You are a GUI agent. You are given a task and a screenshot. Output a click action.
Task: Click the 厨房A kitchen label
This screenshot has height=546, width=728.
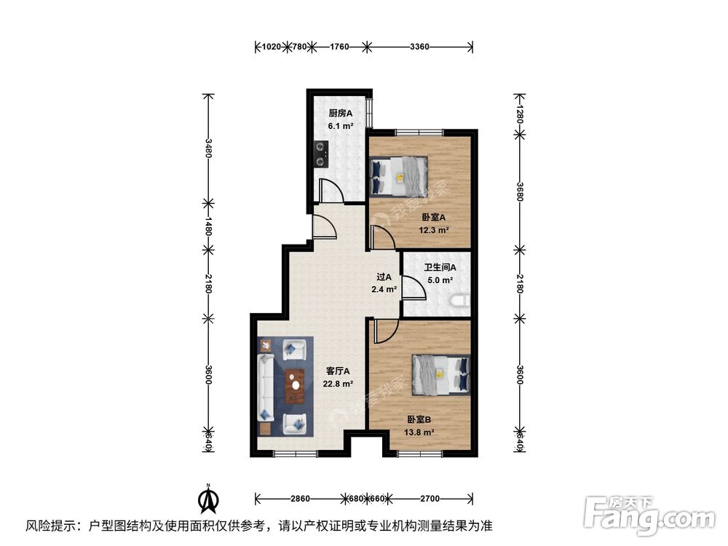point(340,114)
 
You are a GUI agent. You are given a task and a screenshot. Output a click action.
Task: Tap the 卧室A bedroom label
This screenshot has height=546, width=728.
point(434,217)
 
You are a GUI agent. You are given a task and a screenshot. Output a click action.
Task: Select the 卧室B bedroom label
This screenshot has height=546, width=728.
point(419,420)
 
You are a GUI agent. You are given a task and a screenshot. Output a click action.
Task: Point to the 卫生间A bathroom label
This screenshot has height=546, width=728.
point(440,267)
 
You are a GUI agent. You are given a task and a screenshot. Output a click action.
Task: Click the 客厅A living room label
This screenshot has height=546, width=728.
point(338,371)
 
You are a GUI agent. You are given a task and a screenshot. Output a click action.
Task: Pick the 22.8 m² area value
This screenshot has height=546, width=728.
point(338,384)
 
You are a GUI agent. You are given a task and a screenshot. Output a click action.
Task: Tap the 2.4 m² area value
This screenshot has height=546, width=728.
point(384,290)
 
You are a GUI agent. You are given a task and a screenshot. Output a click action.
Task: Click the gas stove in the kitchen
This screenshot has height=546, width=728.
point(321,154)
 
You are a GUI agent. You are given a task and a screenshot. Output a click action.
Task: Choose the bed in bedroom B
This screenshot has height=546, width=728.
point(441,375)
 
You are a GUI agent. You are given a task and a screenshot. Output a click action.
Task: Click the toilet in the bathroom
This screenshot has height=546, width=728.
point(461,301)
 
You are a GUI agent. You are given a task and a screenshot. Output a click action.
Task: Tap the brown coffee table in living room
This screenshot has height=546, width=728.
point(294,386)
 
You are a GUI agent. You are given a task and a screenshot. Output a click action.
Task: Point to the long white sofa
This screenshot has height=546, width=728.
point(266,387)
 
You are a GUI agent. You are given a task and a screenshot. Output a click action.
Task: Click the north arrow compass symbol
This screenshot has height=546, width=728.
point(208,498)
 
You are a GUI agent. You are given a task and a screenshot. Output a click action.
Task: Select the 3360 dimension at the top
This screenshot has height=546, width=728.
point(419,47)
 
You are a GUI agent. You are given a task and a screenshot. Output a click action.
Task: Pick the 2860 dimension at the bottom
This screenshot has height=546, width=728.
point(300,499)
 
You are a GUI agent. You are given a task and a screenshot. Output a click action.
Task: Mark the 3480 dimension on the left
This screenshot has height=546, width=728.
point(208,148)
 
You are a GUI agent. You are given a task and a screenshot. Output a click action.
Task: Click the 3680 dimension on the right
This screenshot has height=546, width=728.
point(520,191)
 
